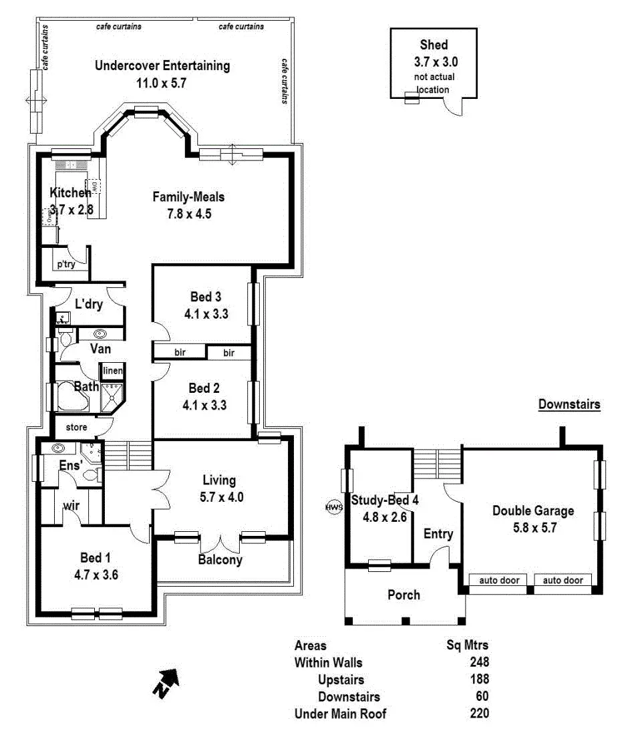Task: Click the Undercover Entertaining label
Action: pyautogui.click(x=162, y=66)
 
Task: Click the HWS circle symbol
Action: pyautogui.click(x=333, y=507)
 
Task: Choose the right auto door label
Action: pyautogui.click(x=563, y=580)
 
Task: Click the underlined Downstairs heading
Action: pyautogui.click(x=569, y=404)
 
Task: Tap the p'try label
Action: pyautogui.click(x=65, y=265)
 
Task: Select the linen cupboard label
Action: pyautogui.click(x=111, y=372)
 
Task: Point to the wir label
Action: pyautogui.click(x=71, y=506)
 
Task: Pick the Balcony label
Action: pyautogui.click(x=220, y=560)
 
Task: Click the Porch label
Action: pyautogui.click(x=404, y=594)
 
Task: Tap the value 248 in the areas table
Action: pyautogui.click(x=479, y=663)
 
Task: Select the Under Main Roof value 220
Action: pyautogui.click(x=479, y=714)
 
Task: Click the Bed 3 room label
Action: pyautogui.click(x=205, y=297)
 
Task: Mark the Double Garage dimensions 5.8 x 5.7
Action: pyautogui.click(x=533, y=527)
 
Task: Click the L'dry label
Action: pyautogui.click(x=88, y=305)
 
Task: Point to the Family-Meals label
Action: pyautogui.click(x=188, y=197)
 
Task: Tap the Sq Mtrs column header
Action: pyautogui.click(x=467, y=645)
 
